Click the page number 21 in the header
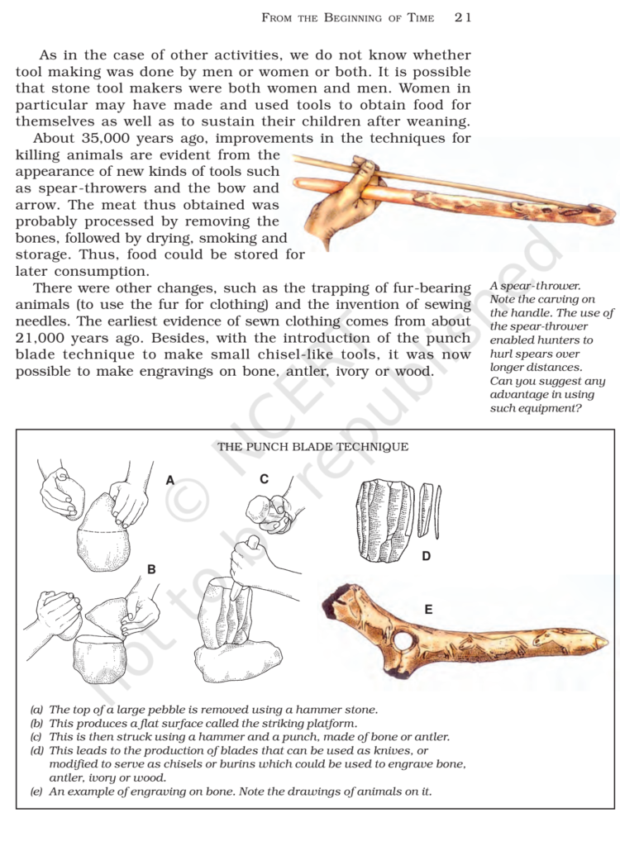pyautogui.click(x=463, y=17)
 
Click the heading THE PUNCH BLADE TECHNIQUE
pyautogui.click(x=312, y=447)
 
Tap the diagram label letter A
pyautogui.click(x=170, y=480)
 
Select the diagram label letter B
pyautogui.click(x=151, y=569)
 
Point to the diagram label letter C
pyautogui.click(x=264, y=479)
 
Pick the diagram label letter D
pyautogui.click(x=426, y=556)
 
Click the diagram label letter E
pyautogui.click(x=429, y=610)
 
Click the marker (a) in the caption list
pyautogui.click(x=36, y=710)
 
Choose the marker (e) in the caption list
pyautogui.click(x=36, y=791)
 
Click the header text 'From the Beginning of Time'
pyautogui.click(x=347, y=17)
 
